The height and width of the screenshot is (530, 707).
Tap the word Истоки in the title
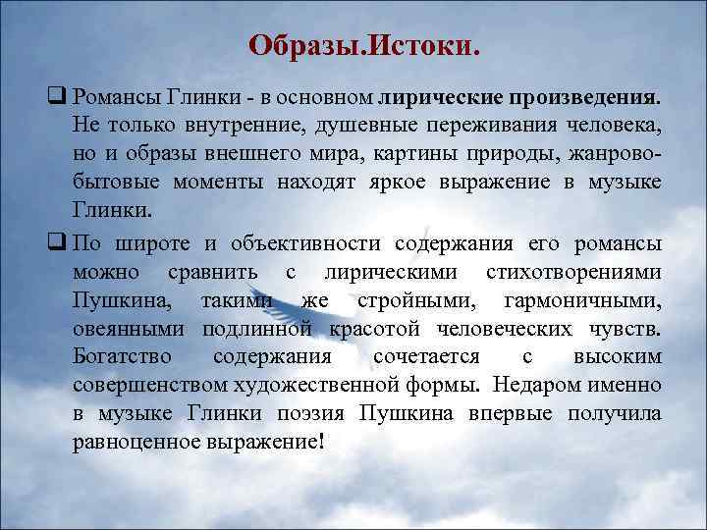click(428, 45)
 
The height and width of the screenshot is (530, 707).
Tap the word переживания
click(488, 127)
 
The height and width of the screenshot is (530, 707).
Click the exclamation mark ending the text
click(320, 442)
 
